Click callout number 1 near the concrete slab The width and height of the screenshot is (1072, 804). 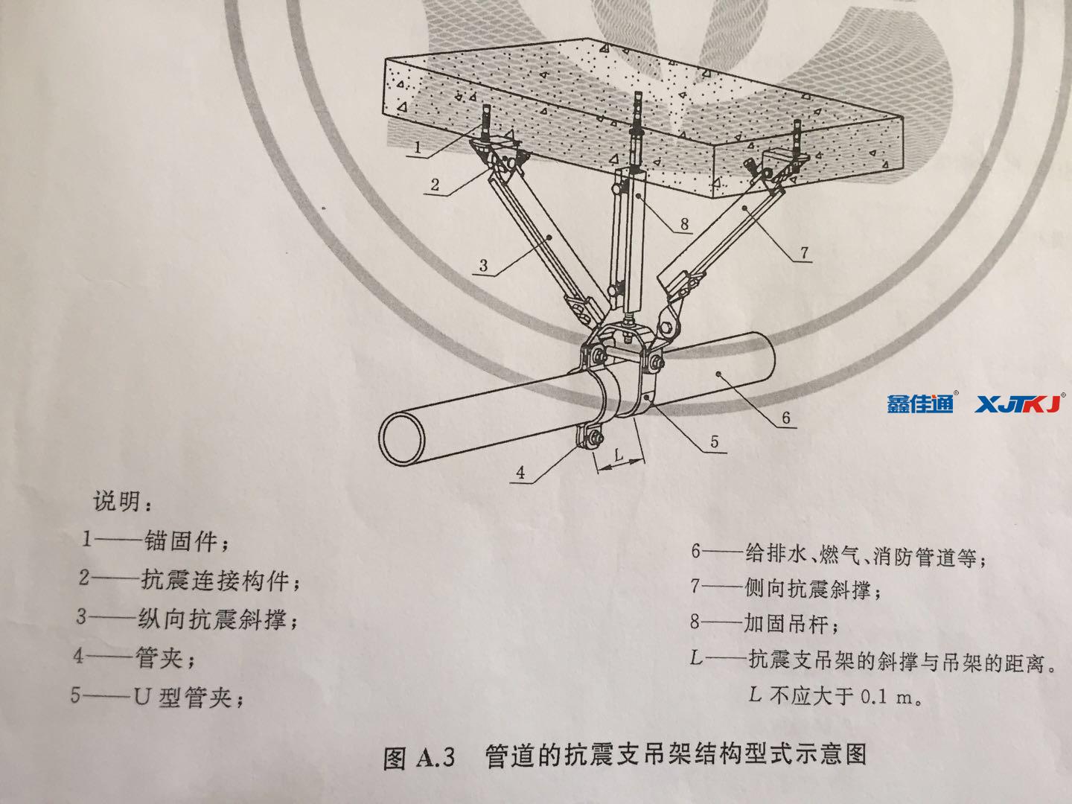pyautogui.click(x=418, y=147)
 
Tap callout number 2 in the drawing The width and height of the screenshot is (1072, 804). pyautogui.click(x=435, y=185)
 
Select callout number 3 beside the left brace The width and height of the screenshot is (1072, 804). pyautogui.click(x=483, y=264)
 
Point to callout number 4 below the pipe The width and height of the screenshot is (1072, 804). pyautogui.click(x=520, y=472)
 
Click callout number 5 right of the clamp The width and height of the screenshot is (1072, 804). pyautogui.click(x=714, y=442)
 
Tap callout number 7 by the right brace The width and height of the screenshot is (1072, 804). pyautogui.click(x=804, y=253)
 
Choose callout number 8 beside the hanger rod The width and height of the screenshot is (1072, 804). pyautogui.click(x=684, y=223)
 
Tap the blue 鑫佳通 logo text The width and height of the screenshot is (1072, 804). pyautogui.click(x=920, y=403)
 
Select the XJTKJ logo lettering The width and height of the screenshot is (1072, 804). pyautogui.click(x=1019, y=403)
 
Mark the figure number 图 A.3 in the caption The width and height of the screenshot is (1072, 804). pyautogui.click(x=419, y=758)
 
